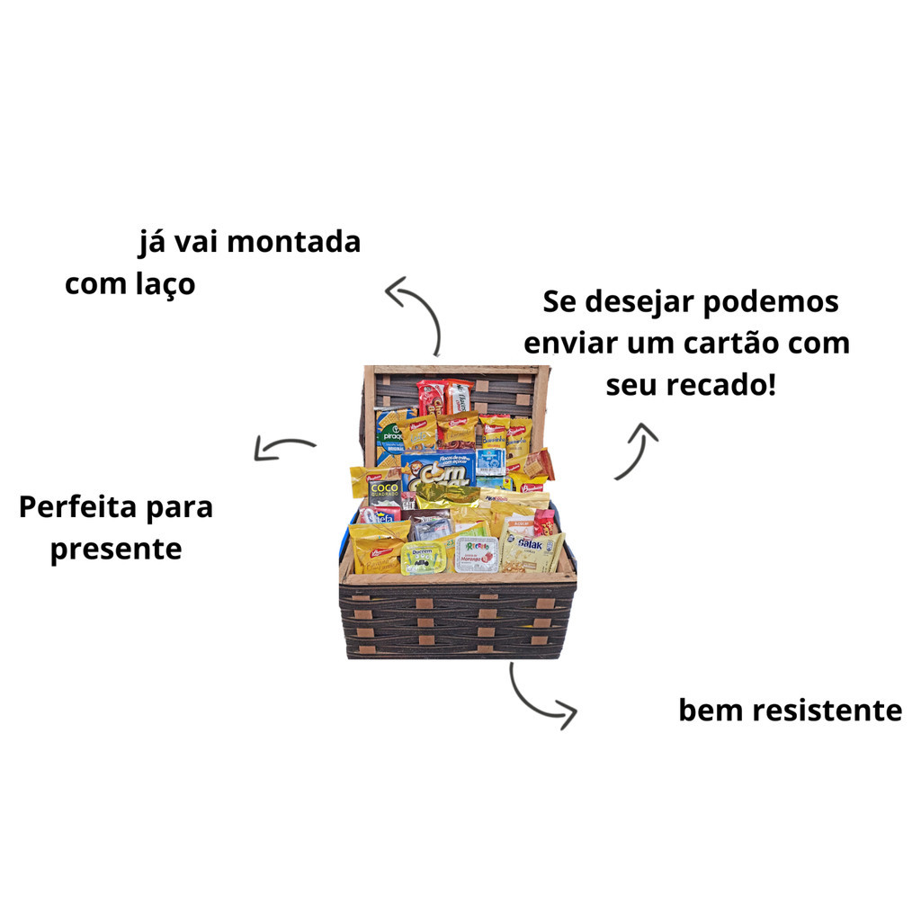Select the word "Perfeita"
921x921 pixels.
point(80,506)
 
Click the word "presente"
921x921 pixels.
point(116,549)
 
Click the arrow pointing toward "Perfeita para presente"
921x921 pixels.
point(284,447)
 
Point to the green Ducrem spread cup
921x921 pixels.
point(422,558)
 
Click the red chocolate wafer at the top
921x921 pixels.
point(431,396)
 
